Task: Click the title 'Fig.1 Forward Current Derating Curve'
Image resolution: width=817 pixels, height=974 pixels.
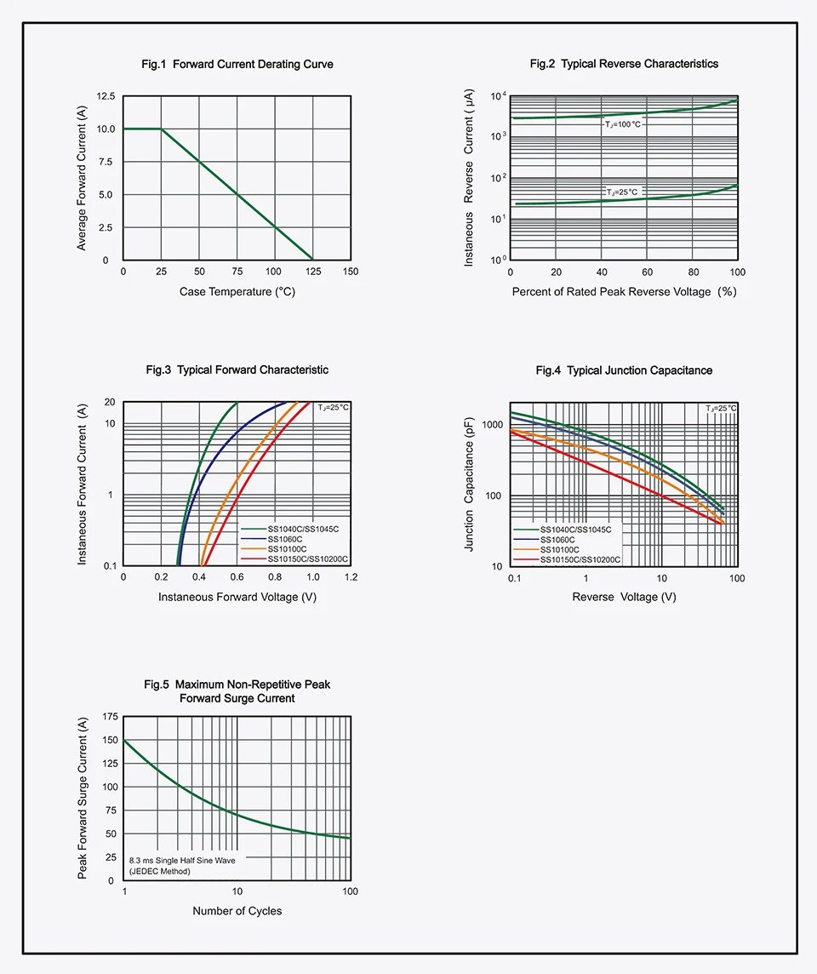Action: coord(237,64)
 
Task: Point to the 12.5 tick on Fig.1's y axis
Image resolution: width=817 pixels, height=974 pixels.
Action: coord(106,96)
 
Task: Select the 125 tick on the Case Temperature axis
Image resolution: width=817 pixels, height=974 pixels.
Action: coord(313,272)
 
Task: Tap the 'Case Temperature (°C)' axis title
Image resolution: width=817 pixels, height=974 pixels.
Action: coord(237,291)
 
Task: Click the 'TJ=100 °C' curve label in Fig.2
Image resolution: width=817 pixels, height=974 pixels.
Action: coord(623,124)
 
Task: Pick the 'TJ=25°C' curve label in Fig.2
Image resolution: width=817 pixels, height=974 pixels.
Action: coord(621,192)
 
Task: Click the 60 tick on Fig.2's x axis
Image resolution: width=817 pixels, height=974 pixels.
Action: coord(648,272)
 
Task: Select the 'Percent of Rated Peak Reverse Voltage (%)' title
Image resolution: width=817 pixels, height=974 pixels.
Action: coord(624,291)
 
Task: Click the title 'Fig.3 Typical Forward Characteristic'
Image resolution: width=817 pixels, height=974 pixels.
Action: coord(237,370)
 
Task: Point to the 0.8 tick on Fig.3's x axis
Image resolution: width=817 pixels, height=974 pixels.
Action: coord(275,577)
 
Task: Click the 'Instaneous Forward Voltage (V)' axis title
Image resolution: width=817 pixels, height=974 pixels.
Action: coord(237,597)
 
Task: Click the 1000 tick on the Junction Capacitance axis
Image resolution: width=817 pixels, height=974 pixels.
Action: coord(493,425)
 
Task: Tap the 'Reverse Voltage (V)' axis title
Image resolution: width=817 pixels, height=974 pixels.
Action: coord(624,597)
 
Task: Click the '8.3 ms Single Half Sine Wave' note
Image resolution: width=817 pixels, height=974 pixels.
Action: coord(182,860)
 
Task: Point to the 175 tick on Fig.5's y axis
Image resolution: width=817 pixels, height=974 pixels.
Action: coord(110,717)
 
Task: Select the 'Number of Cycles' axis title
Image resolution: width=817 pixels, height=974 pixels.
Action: coord(237,911)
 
